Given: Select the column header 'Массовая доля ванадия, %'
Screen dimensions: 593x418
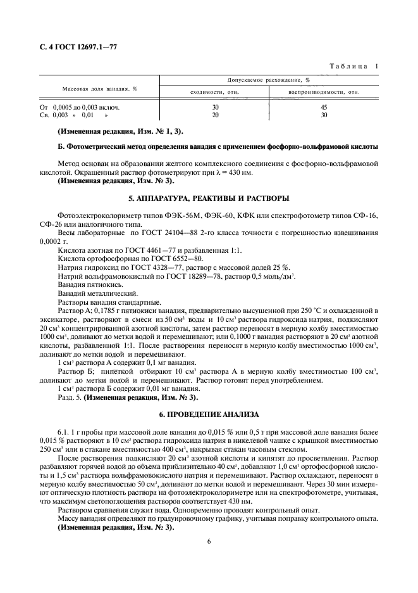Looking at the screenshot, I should tap(99, 88).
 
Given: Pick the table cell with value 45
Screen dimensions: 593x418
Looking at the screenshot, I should tap(324, 107).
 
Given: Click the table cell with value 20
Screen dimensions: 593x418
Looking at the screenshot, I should tap(215, 115).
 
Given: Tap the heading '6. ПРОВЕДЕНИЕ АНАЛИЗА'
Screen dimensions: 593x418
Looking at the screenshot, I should tap(209, 414).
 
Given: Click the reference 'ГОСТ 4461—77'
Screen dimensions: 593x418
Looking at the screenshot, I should tap(130, 250).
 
